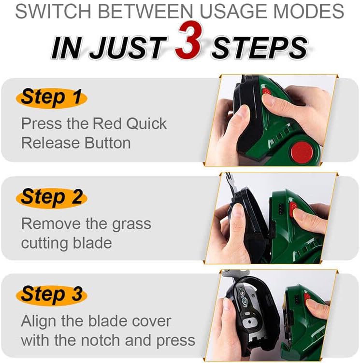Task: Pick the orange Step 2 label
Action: (x=52, y=197)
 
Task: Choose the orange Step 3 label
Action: (x=52, y=294)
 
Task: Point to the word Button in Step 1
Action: (x=108, y=143)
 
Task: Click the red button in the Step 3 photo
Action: (x=307, y=296)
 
